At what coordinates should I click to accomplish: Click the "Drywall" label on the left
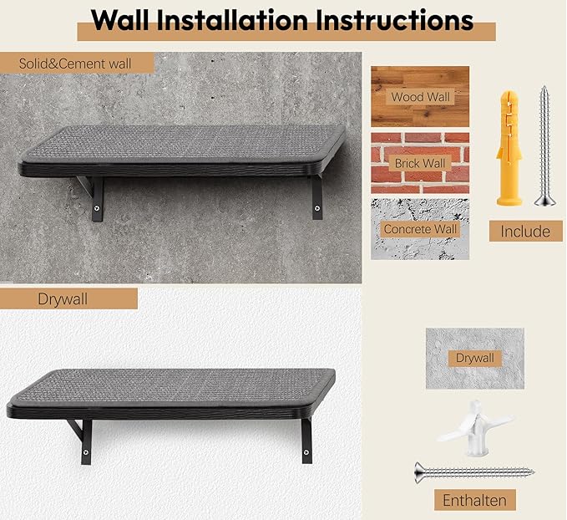point(63,298)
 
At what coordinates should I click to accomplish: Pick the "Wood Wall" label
point(420,97)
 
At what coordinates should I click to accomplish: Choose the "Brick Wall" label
point(420,163)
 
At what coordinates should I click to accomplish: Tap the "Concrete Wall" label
point(420,228)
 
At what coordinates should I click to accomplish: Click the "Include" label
point(525,232)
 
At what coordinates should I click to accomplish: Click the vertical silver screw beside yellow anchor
point(544,145)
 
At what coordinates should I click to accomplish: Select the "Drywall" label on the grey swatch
point(474,358)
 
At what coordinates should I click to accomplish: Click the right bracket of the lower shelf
point(306,440)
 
